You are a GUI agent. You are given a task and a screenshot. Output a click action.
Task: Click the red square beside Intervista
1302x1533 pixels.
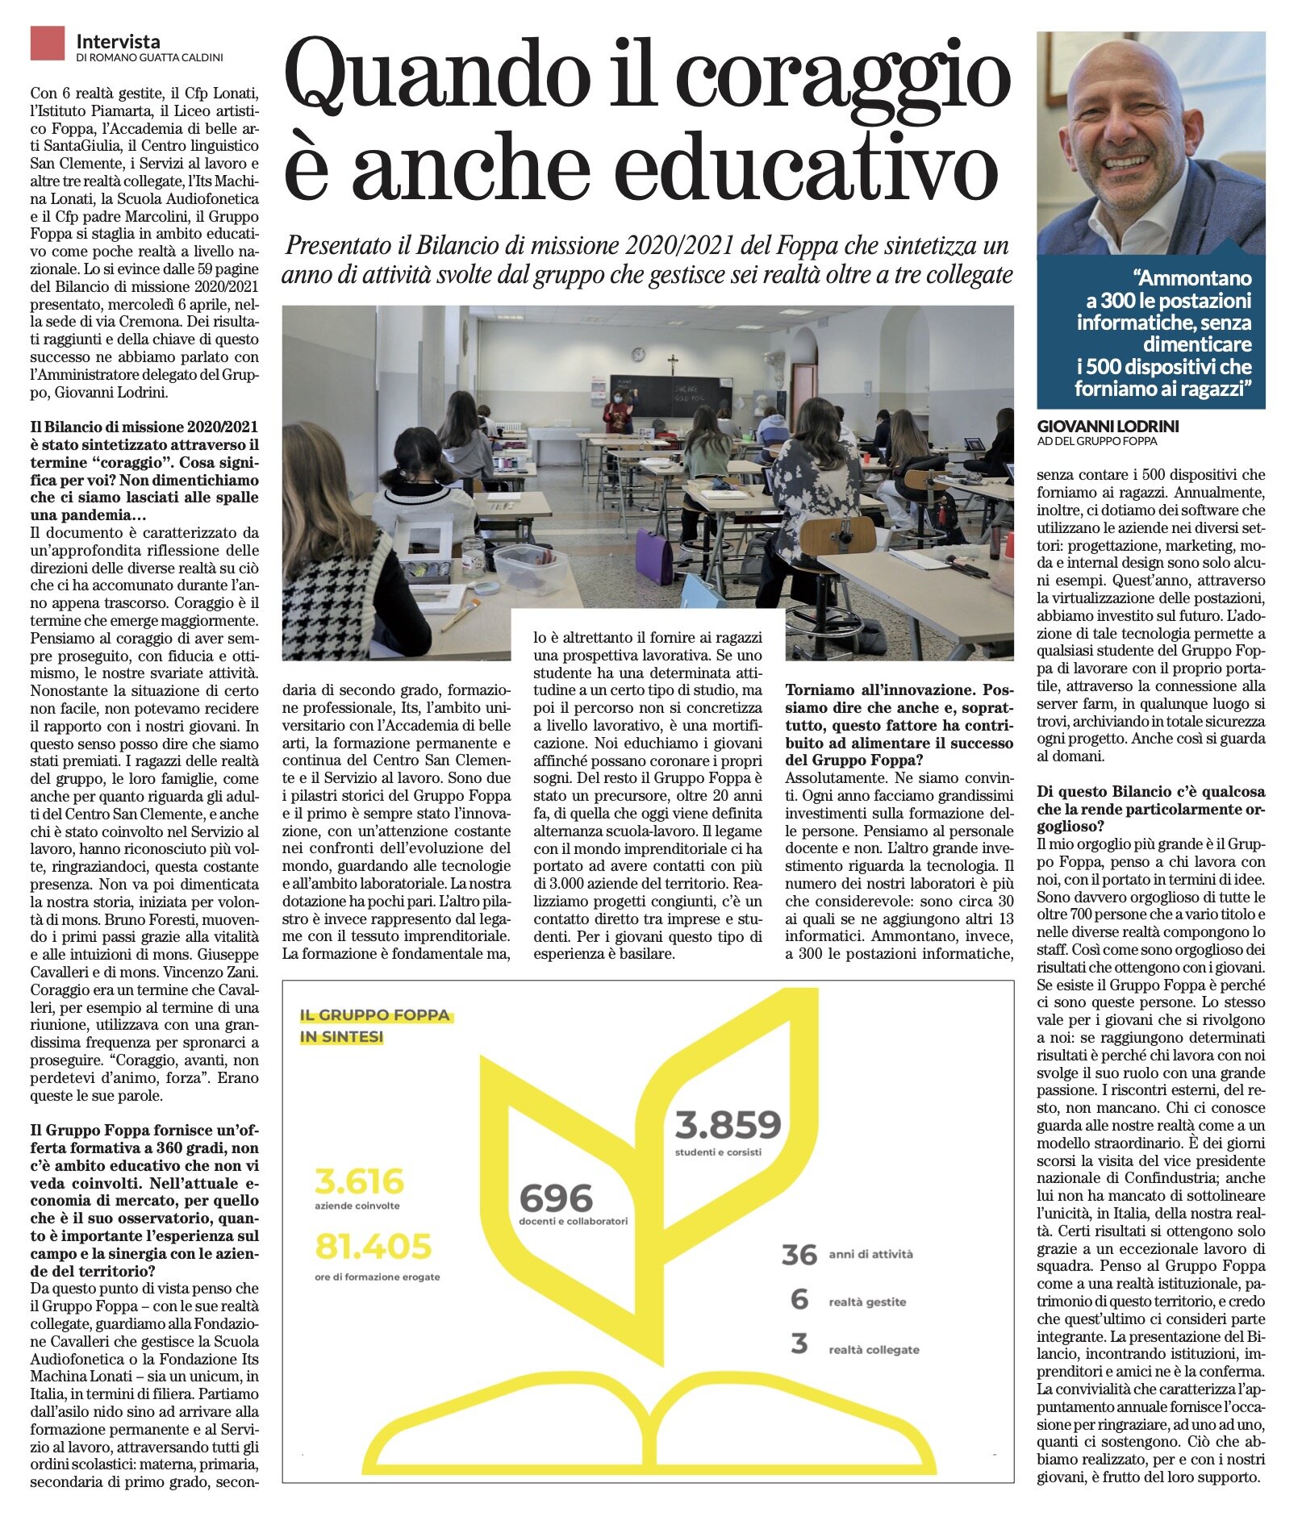[x=47, y=44]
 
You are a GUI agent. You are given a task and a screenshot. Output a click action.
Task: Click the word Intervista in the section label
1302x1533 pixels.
[x=118, y=41]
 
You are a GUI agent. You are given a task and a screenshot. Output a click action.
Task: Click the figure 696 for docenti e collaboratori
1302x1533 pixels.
[x=556, y=1199]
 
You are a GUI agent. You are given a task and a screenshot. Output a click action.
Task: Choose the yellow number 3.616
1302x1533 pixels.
[x=359, y=1182]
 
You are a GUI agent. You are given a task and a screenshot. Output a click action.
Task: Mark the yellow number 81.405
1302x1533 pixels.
[x=373, y=1247]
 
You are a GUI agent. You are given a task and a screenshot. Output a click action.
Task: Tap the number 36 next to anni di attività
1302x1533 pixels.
[x=799, y=1255]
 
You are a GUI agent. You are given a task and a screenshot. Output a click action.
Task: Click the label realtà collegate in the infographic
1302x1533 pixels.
[x=874, y=1350]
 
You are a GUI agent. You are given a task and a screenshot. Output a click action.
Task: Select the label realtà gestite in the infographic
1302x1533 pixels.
[x=867, y=1302]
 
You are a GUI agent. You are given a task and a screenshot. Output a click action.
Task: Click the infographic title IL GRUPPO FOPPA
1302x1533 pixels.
[x=374, y=1015]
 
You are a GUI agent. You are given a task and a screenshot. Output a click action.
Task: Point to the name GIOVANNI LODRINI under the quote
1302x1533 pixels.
[x=1108, y=426]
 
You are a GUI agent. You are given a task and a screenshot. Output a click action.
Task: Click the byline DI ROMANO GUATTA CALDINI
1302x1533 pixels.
[x=149, y=58]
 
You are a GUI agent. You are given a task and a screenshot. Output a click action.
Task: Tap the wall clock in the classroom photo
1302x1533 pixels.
[x=638, y=354]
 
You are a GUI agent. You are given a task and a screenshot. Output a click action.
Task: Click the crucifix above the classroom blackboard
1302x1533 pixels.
[x=672, y=362]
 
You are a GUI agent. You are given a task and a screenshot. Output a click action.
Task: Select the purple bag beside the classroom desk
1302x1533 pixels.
[x=653, y=556]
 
